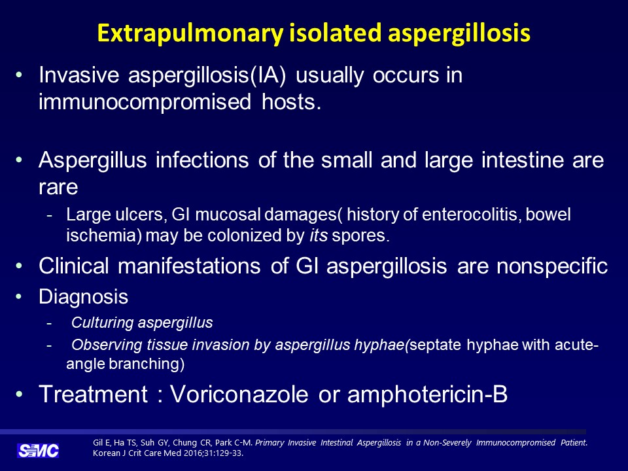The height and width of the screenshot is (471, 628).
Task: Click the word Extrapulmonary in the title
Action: [190, 33]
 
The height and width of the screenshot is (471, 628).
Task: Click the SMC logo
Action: [38, 451]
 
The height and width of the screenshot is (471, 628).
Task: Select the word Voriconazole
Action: [239, 394]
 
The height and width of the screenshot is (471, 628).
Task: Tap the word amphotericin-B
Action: [427, 394]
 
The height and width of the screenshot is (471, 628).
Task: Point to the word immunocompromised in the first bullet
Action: [145, 102]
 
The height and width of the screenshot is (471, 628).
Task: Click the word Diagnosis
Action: [83, 297]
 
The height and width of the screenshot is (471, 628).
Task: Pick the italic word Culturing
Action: [102, 323]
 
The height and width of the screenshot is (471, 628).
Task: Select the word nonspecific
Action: [552, 266]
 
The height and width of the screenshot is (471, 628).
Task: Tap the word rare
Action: [58, 188]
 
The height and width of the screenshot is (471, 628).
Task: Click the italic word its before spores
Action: [319, 235]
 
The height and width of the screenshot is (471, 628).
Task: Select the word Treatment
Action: [94, 394]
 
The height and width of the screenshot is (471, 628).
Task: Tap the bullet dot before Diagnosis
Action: [18, 297]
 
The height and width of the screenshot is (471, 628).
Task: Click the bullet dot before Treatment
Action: [18, 394]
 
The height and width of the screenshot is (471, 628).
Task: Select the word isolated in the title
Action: [335, 33]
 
